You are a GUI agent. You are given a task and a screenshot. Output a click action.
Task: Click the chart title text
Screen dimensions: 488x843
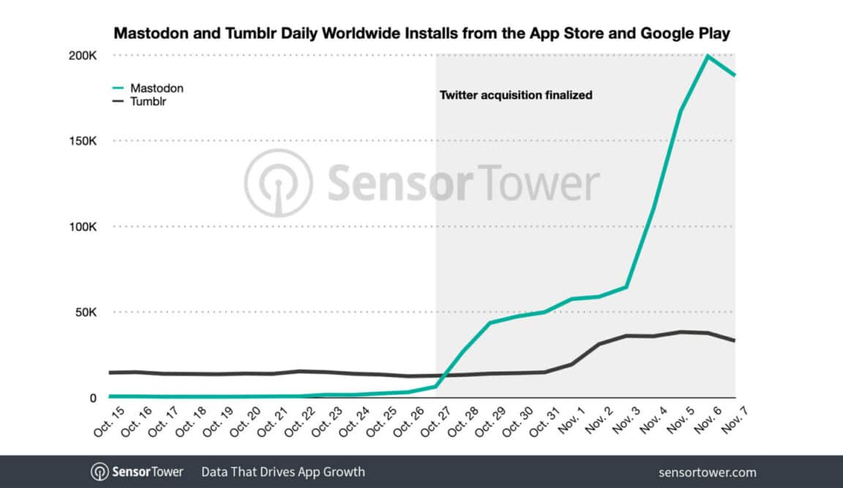421,34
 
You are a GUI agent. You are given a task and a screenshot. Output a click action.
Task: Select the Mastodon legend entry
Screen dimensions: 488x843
156,88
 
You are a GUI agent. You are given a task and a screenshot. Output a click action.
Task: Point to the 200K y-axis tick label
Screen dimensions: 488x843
82,56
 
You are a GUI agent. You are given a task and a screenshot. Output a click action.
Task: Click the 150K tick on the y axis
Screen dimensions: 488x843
82,141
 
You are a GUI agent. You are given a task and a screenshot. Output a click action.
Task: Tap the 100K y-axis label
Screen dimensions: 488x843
82,226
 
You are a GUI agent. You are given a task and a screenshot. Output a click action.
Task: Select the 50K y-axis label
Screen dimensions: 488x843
85,312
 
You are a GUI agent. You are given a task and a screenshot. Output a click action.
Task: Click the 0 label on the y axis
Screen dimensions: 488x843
93,398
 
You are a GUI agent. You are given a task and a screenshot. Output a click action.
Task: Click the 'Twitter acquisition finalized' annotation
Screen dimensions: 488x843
515,95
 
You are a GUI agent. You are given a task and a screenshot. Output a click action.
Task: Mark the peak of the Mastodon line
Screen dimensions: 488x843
707,56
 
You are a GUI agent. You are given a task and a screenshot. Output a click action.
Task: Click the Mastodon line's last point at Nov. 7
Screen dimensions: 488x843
734,75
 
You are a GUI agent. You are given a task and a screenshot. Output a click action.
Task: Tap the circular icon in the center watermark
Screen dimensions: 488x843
278,183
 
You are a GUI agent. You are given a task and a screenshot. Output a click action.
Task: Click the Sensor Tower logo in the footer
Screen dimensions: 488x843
137,472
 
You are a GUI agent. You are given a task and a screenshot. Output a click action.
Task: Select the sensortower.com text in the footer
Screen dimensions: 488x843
707,472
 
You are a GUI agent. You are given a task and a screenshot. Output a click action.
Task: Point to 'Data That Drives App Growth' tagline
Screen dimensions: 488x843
282,472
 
